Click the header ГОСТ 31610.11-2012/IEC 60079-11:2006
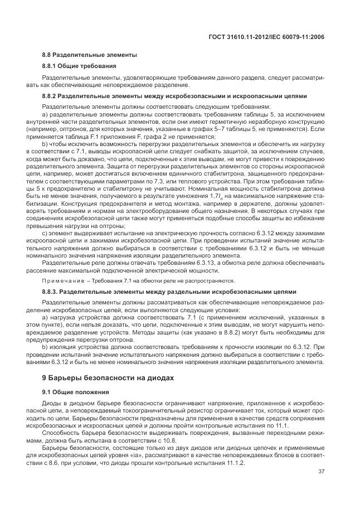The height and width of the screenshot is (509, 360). point(265,36)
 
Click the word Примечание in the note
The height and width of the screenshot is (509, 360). point(66,280)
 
